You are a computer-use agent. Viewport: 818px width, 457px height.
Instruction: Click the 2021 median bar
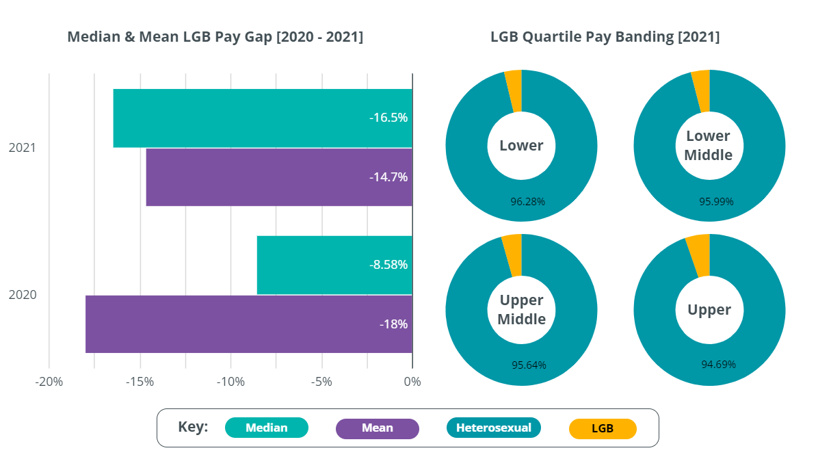pyautogui.click(x=263, y=118)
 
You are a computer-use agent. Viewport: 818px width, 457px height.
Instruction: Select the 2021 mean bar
pyautogui.click(x=279, y=177)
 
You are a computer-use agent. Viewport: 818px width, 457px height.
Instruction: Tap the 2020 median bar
pyautogui.click(x=334, y=265)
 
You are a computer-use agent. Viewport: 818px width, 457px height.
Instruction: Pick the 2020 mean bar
pyautogui.click(x=249, y=324)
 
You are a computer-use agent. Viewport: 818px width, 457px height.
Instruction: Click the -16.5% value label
pyautogui.click(x=388, y=118)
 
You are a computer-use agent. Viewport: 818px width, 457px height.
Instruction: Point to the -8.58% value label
pyautogui.click(x=388, y=265)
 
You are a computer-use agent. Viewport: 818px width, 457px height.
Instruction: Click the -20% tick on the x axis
pyautogui.click(x=49, y=382)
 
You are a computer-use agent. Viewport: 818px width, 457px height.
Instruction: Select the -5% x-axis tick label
pyautogui.click(x=321, y=382)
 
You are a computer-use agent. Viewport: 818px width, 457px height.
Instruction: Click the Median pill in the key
pyautogui.click(x=267, y=428)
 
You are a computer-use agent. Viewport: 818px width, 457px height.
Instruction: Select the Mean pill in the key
pyautogui.click(x=378, y=428)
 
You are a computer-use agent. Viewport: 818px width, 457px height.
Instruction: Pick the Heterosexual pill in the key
pyautogui.click(x=493, y=428)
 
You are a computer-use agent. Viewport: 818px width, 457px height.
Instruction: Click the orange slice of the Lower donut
pyautogui.click(x=514, y=90)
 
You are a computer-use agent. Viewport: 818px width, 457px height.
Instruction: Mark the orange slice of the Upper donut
pyautogui.click(x=698, y=255)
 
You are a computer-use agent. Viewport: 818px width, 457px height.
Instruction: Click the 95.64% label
pyautogui.click(x=529, y=365)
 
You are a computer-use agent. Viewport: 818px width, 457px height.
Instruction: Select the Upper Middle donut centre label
pyautogui.click(x=521, y=310)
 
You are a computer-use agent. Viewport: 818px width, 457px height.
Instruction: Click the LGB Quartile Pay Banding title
pyautogui.click(x=605, y=37)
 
